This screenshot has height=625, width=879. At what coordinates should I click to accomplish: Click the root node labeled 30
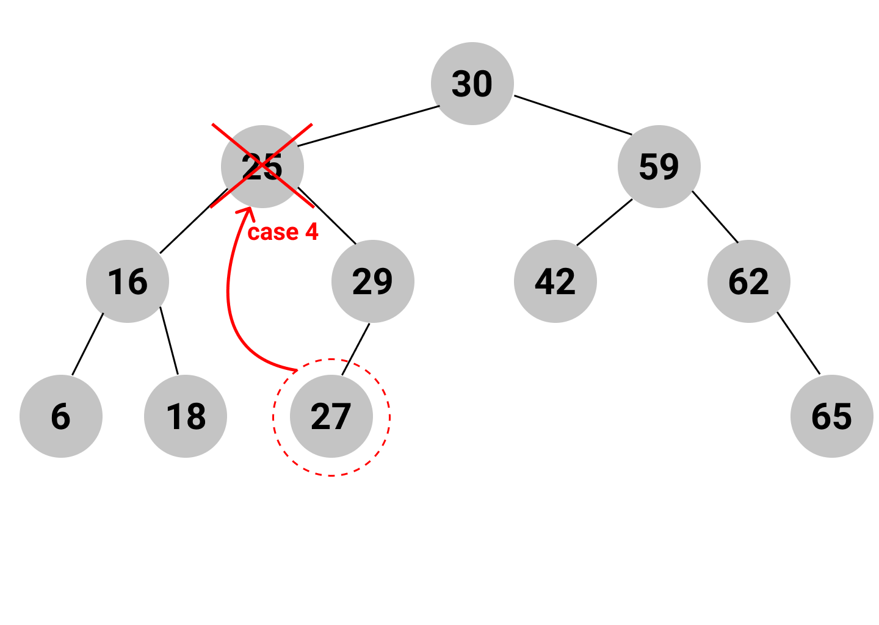click(x=472, y=84)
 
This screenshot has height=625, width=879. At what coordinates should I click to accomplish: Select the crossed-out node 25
click(x=262, y=167)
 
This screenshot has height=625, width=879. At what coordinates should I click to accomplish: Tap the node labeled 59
click(x=659, y=167)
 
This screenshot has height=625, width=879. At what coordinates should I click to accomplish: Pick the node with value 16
click(x=128, y=281)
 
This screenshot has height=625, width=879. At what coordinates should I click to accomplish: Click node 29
click(x=372, y=281)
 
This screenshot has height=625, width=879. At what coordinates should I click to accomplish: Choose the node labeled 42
click(x=555, y=281)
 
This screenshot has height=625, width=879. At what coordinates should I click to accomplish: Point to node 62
click(x=748, y=281)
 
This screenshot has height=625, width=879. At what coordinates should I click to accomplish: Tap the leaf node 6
click(x=61, y=416)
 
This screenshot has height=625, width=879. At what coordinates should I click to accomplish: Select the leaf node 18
click(x=186, y=416)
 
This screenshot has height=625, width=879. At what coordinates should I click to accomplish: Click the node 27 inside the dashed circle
click(x=331, y=416)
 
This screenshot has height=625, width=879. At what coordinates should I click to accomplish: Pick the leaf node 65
click(x=831, y=416)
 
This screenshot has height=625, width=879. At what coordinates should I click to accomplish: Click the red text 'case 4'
click(x=283, y=233)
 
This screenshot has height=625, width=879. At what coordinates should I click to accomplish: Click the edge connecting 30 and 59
click(x=573, y=115)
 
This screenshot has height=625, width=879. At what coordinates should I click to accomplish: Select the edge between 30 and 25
click(x=369, y=126)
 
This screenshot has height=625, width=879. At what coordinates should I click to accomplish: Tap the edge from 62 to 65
click(x=798, y=343)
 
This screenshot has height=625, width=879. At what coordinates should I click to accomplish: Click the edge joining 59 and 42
click(x=604, y=222)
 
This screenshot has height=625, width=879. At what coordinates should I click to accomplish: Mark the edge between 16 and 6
click(x=87, y=344)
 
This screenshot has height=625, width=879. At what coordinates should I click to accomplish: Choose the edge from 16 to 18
click(x=169, y=341)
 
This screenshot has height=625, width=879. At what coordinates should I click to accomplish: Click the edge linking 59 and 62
click(x=715, y=217)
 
